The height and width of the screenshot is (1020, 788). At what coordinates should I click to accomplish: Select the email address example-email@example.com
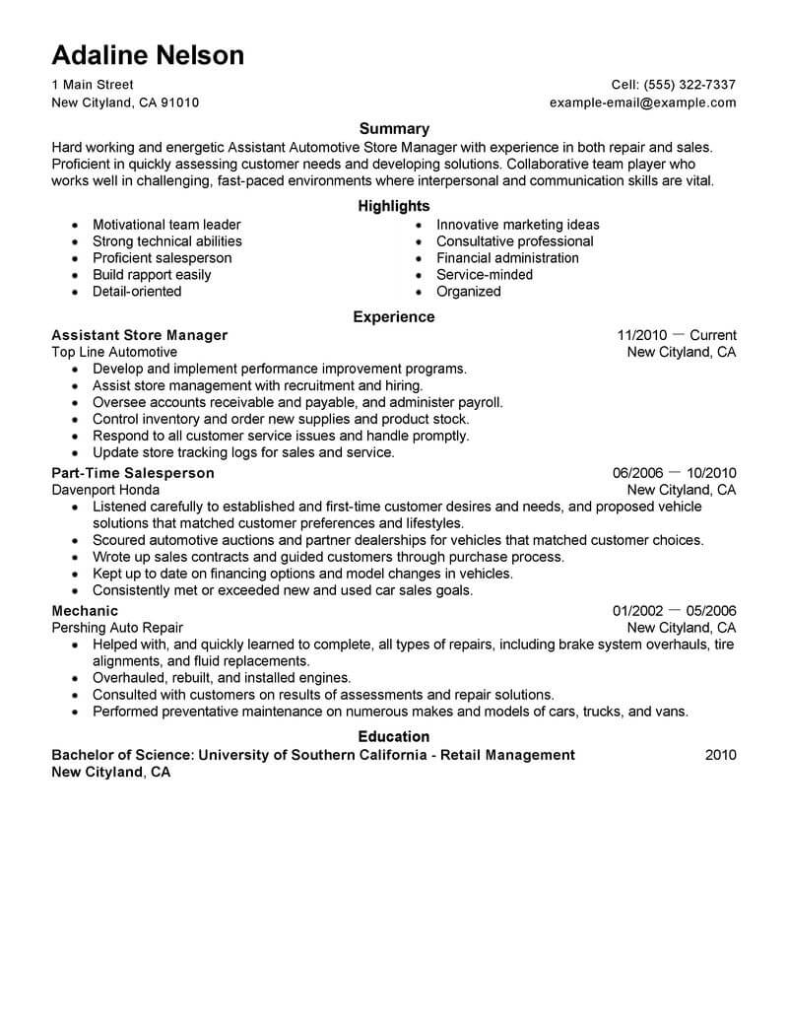(642, 102)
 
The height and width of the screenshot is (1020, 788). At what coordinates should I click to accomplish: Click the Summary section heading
(394, 128)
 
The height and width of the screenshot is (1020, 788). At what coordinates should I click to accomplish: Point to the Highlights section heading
(394, 206)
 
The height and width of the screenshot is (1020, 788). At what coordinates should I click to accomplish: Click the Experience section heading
(394, 317)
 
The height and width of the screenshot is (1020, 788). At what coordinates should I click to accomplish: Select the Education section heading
(394, 736)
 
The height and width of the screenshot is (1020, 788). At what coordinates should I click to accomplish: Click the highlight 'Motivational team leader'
(166, 225)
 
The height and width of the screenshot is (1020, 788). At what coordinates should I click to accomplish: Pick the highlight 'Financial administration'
(507, 258)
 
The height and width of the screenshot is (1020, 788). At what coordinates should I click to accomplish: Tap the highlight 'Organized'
(468, 292)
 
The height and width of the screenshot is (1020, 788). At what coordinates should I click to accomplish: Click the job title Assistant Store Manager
(139, 335)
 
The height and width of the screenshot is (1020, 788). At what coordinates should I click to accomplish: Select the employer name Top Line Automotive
(114, 352)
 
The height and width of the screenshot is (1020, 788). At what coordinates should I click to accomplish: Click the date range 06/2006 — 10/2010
(674, 473)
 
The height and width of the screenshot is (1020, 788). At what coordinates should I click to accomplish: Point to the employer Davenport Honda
(105, 490)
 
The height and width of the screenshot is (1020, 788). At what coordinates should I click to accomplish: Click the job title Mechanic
(85, 611)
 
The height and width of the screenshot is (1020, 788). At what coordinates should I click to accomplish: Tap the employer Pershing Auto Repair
(117, 628)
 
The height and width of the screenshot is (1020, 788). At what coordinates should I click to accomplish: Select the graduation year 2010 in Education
(720, 755)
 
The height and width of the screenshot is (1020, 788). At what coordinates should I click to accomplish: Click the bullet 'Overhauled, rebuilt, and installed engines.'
(222, 678)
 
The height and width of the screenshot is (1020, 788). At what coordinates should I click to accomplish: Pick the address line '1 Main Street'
(93, 85)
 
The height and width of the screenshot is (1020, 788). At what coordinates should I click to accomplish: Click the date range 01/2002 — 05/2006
(674, 611)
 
